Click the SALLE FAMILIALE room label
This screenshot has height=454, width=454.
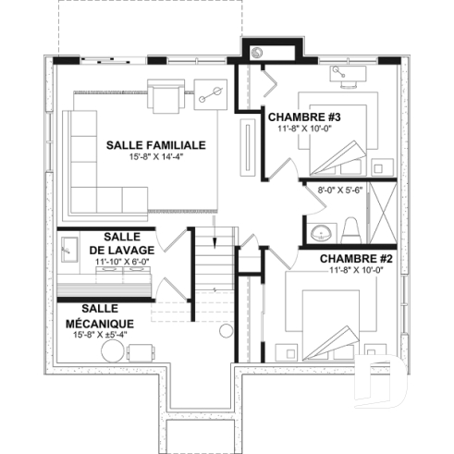coord(154,145)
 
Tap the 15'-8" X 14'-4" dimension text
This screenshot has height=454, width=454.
coord(154,157)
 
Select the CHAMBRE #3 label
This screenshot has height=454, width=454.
coord(305,117)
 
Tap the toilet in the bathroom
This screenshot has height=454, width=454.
coord(351,227)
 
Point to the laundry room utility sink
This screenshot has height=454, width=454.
coord(70,247)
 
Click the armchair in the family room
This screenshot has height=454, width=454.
coord(167,94)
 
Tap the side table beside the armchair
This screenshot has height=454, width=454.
coord(207,92)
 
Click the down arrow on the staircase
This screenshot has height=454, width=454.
coord(215,242)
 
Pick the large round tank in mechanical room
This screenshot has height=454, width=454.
coord(225,332)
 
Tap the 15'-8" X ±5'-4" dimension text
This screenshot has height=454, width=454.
coord(99,335)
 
